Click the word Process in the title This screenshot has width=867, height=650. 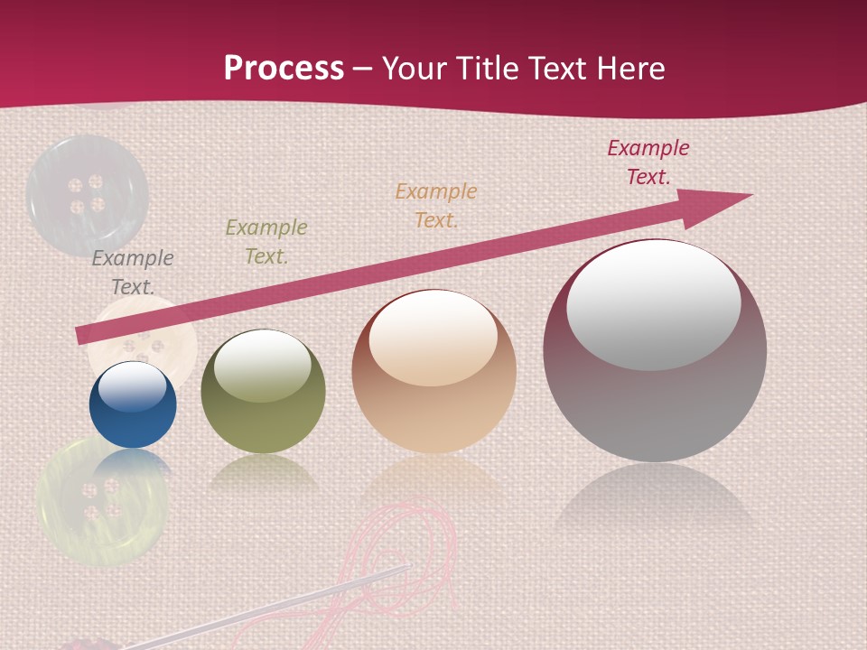pyautogui.click(x=284, y=69)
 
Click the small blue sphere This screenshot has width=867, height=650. pyautogui.click(x=133, y=406)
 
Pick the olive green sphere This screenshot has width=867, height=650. pyautogui.click(x=263, y=392)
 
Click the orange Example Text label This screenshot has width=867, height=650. pyautogui.click(x=436, y=205)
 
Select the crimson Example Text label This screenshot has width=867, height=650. pyautogui.click(x=648, y=162)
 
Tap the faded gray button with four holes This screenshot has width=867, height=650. pyautogui.click(x=86, y=194)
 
